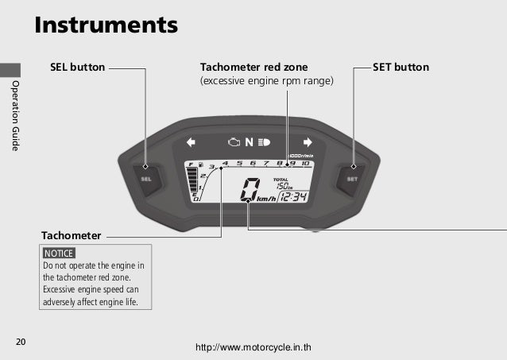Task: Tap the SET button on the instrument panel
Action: [352, 176]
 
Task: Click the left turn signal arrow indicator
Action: [191, 143]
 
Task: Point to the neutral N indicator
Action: [249, 143]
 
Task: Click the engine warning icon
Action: [234, 143]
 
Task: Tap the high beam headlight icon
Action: [264, 143]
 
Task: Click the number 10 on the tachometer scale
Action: [305, 164]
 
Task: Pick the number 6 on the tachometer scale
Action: [253, 164]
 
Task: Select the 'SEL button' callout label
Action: [77, 68]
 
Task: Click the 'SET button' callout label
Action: [401, 68]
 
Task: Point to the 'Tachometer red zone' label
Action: [253, 68]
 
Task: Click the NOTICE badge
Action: [59, 253]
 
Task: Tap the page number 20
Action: [21, 342]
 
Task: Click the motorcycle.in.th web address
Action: [257, 347]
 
